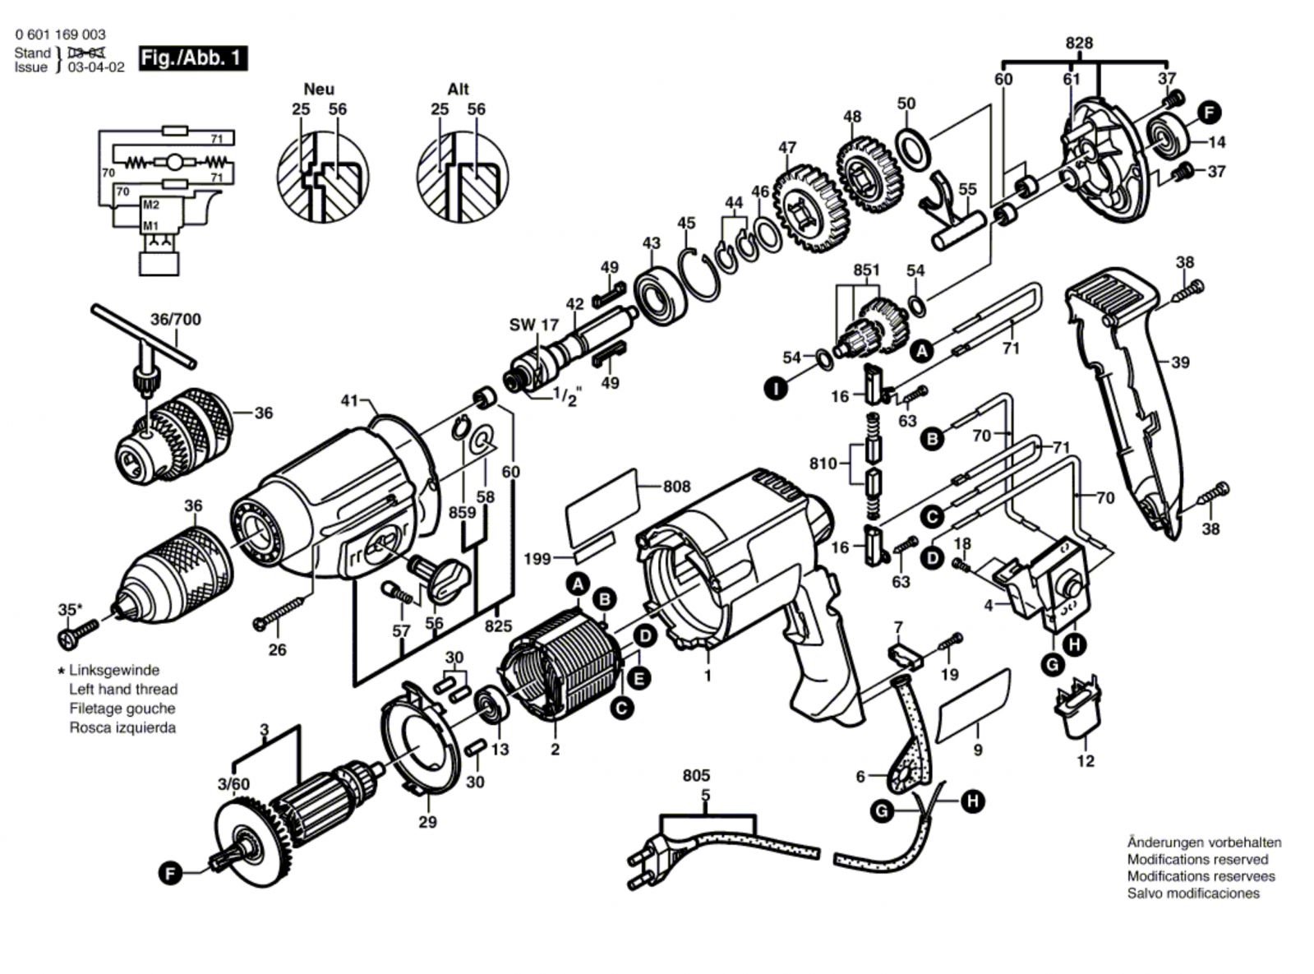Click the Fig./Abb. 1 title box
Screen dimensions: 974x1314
[x=192, y=58]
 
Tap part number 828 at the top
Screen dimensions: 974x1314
[x=1078, y=44]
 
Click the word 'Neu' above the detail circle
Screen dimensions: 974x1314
[x=319, y=89]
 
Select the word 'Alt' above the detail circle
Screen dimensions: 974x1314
[x=458, y=89]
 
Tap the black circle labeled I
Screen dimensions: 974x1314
[x=775, y=387]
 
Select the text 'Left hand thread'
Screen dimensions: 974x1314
[x=122, y=689]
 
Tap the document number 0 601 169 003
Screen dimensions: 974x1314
[x=60, y=35]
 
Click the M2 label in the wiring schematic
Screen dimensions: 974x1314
[x=150, y=205]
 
